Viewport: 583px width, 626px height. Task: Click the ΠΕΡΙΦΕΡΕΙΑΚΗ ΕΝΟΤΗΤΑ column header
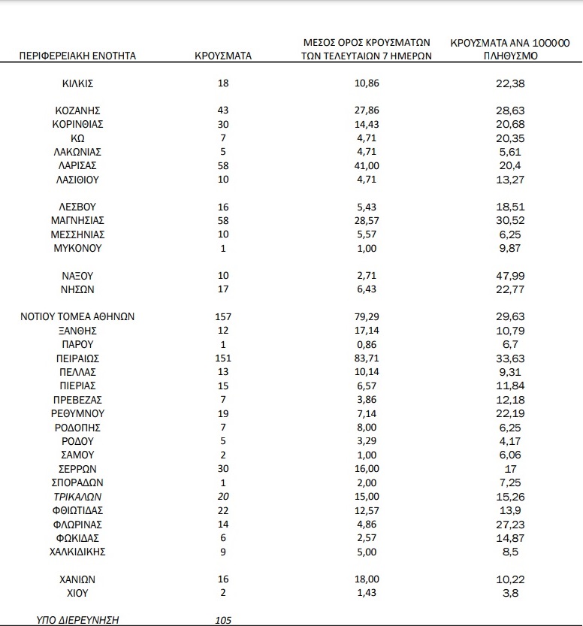point(78,56)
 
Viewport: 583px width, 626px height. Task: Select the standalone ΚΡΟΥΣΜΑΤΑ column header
point(223,56)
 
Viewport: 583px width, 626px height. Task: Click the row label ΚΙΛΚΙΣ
point(78,83)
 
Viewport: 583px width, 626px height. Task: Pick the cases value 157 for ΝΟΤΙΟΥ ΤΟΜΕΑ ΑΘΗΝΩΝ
point(223,316)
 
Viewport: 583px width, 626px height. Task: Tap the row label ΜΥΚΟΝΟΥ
point(78,248)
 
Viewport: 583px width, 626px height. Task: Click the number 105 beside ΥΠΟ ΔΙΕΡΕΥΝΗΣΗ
point(223,620)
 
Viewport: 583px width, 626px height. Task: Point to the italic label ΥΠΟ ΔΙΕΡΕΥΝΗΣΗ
point(78,620)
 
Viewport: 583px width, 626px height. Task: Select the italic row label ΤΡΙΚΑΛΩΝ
point(78,496)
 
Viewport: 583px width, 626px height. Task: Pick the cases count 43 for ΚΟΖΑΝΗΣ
point(223,110)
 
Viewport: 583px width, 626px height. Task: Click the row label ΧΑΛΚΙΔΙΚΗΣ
point(78,551)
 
